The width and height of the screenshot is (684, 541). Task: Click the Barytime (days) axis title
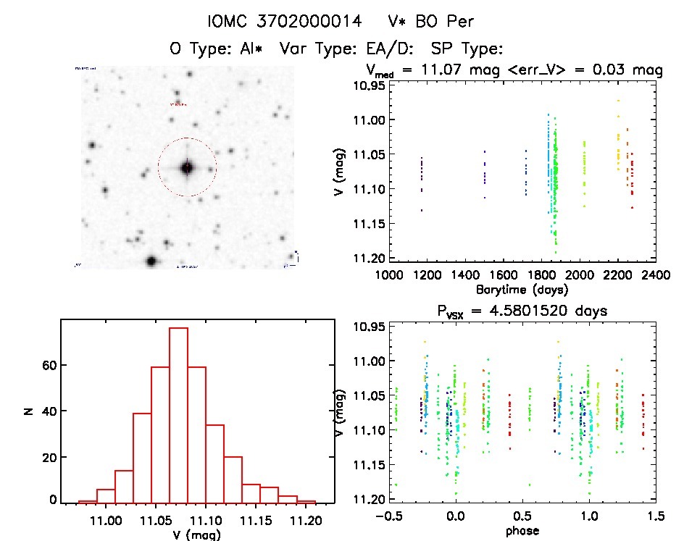(x=522, y=289)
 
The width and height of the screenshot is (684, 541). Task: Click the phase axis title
(x=522, y=530)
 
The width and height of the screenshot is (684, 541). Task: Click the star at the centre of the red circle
(x=187, y=167)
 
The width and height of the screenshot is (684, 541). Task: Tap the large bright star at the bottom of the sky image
(x=151, y=261)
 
